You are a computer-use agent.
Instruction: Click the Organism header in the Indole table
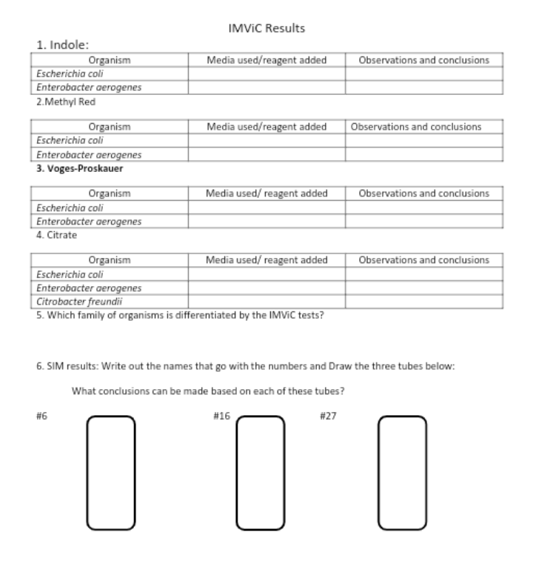[110, 60]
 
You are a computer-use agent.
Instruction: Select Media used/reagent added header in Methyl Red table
[266, 127]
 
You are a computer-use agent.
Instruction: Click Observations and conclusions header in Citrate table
[423, 260]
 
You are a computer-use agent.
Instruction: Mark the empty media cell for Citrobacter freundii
[266, 302]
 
